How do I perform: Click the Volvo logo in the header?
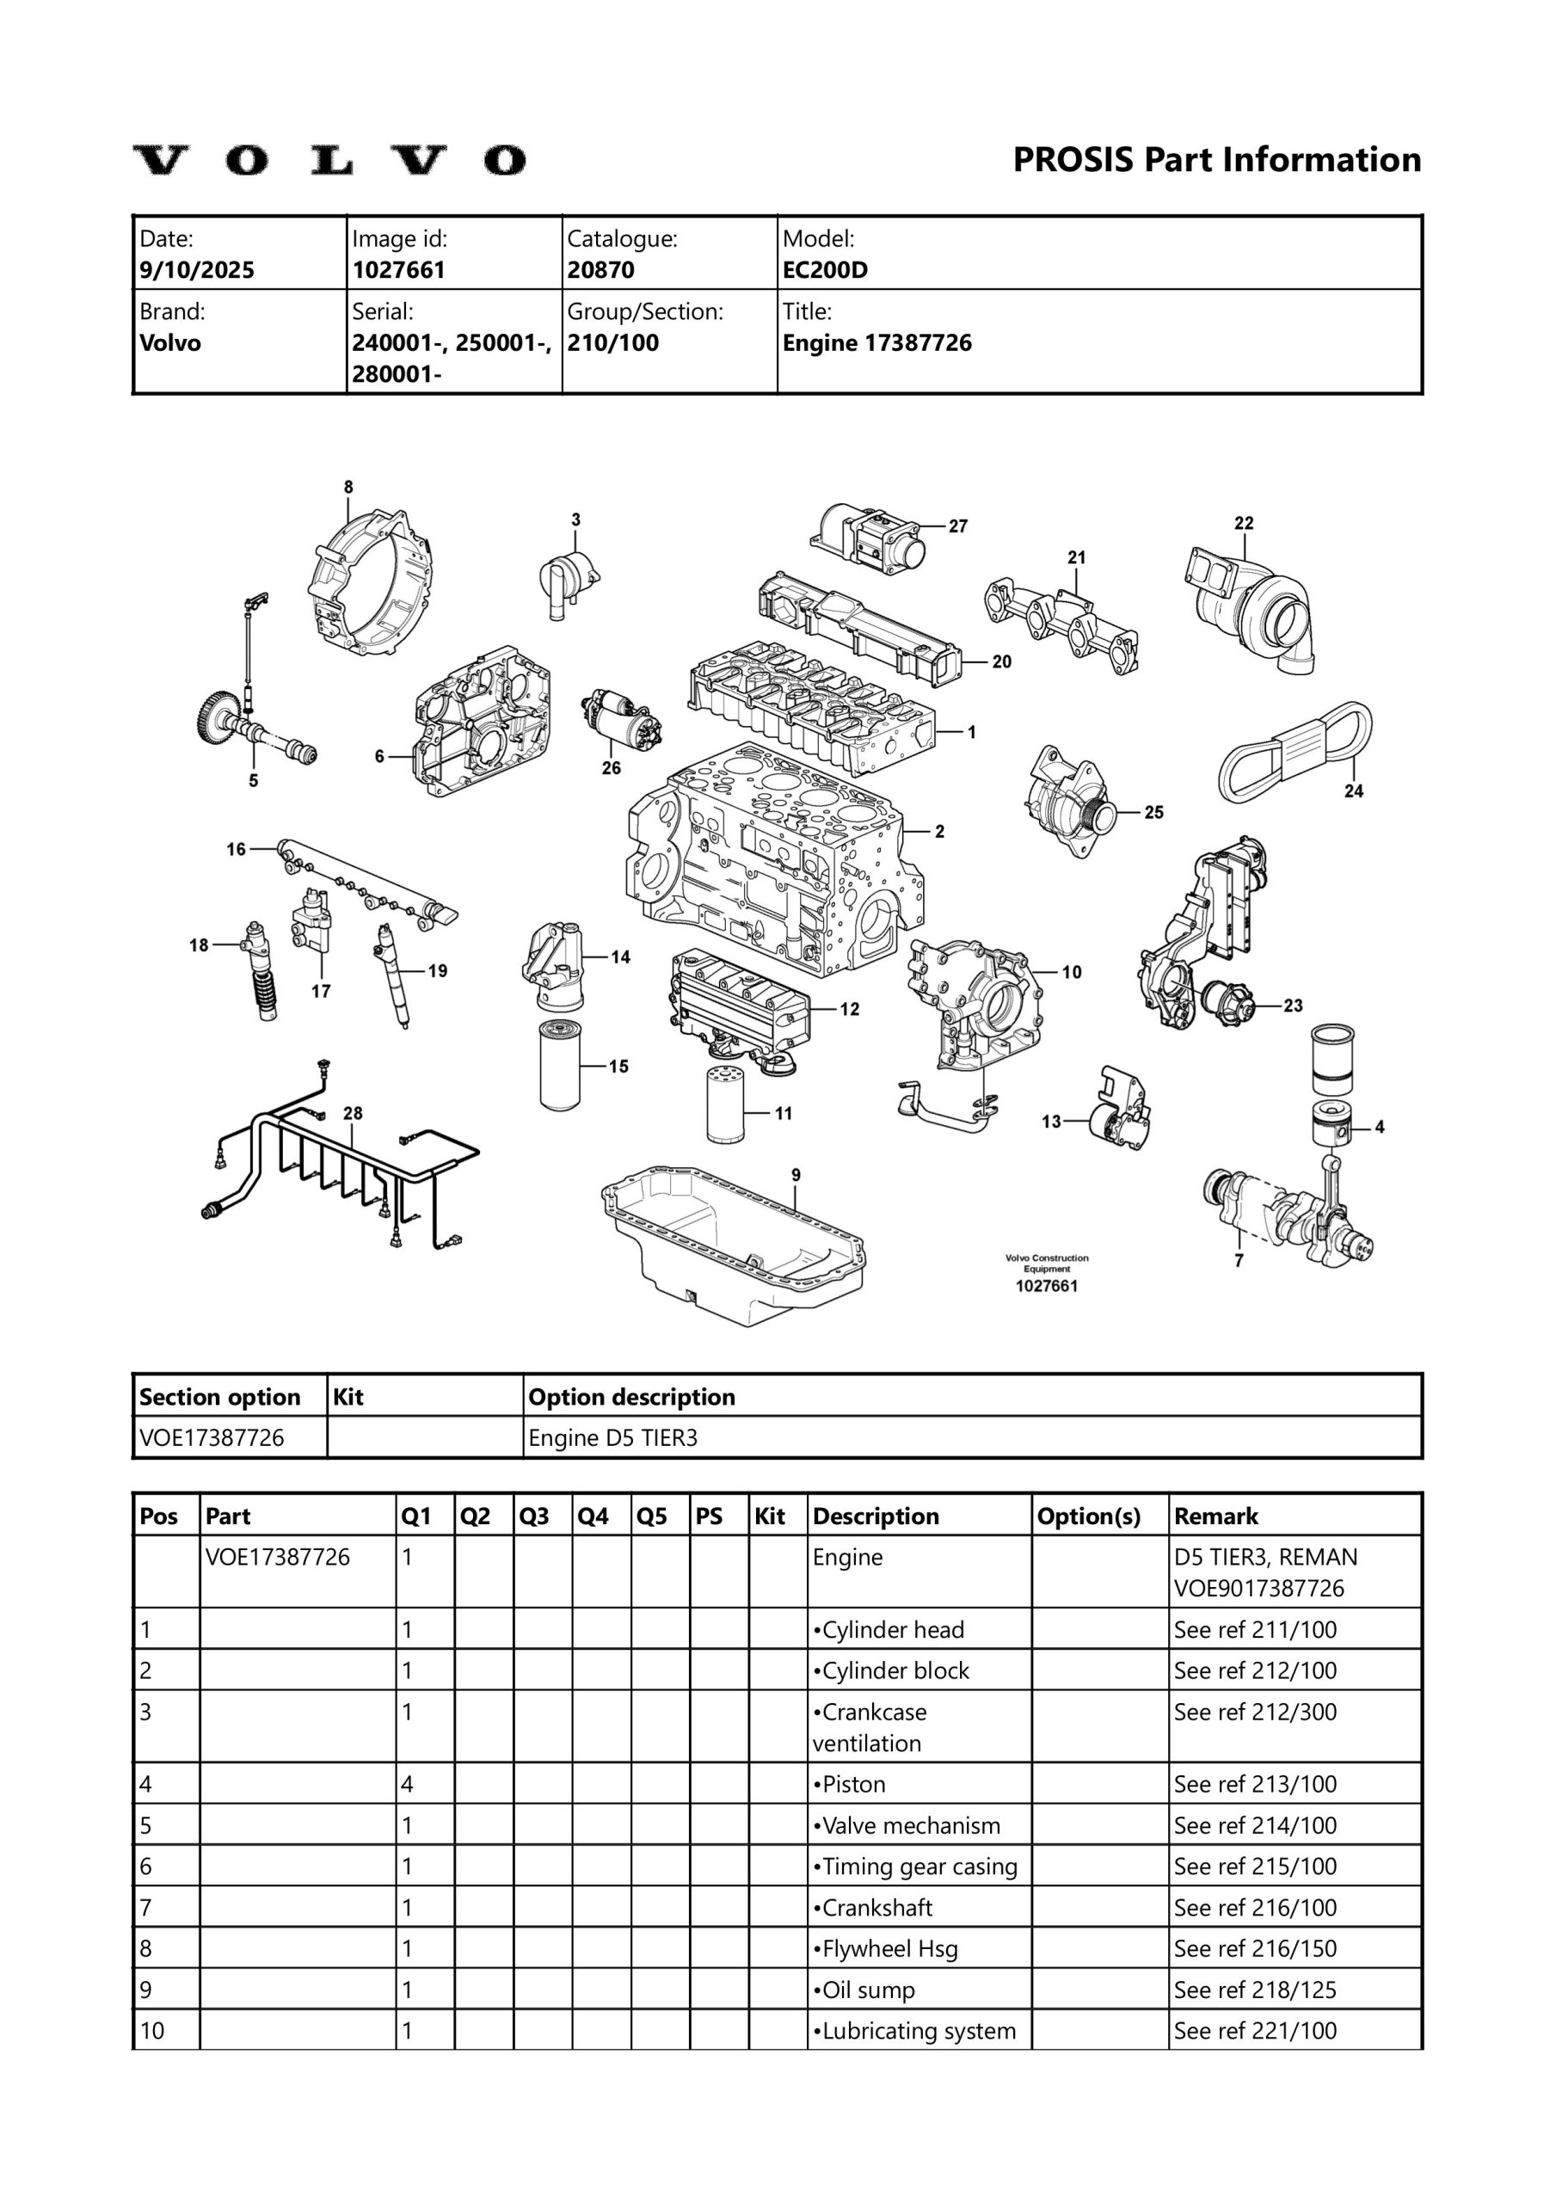(x=329, y=160)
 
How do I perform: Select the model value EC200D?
(x=824, y=269)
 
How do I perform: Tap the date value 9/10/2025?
(x=197, y=269)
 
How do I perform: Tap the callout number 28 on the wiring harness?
(x=353, y=1112)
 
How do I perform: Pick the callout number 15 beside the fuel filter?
(x=618, y=1066)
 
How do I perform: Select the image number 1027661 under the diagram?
(x=1047, y=1285)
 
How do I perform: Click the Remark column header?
(x=1215, y=1516)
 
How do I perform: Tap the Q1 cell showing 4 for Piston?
(x=408, y=1784)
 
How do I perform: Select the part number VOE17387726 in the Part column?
(x=278, y=1557)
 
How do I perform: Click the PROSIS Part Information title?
(x=1216, y=159)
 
